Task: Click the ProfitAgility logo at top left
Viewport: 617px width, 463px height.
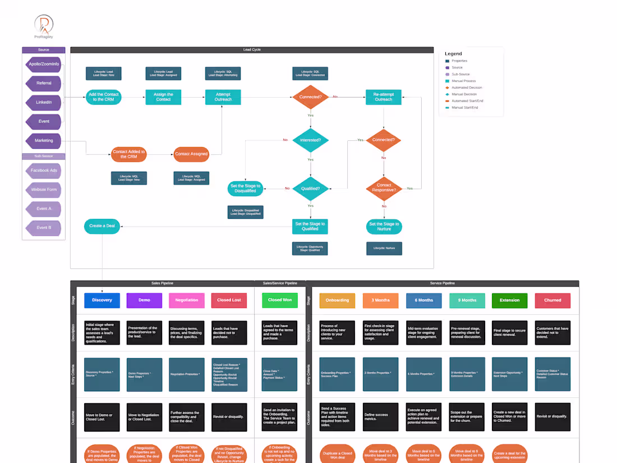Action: [x=44, y=25]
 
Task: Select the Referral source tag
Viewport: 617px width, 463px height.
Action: [x=44, y=83]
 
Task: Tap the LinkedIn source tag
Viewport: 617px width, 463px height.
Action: [x=44, y=102]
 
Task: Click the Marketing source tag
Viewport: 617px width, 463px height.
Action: [x=44, y=140]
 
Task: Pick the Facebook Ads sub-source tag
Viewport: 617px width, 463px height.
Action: [x=44, y=171]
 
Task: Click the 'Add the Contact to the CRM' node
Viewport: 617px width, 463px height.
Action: [x=104, y=97]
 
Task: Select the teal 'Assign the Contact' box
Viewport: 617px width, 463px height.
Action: [x=163, y=97]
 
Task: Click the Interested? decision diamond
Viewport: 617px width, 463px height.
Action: [x=310, y=140]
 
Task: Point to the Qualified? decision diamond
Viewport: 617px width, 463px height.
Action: [x=310, y=189]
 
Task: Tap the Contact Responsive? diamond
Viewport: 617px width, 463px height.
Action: [x=384, y=188]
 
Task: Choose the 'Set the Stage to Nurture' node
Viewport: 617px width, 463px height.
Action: [x=384, y=227]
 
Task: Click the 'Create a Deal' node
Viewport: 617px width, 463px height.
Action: [x=102, y=226]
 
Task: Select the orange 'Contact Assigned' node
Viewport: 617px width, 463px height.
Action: [x=191, y=154]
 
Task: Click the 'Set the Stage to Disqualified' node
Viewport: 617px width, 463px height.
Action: [x=245, y=189]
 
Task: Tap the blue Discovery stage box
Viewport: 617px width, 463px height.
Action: [x=102, y=300]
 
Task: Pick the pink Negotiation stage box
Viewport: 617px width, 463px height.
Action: [x=187, y=300]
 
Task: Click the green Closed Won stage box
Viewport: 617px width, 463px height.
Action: [x=279, y=300]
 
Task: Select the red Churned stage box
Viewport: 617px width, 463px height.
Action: [x=552, y=300]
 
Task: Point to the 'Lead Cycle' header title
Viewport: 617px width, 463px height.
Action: [x=252, y=50]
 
